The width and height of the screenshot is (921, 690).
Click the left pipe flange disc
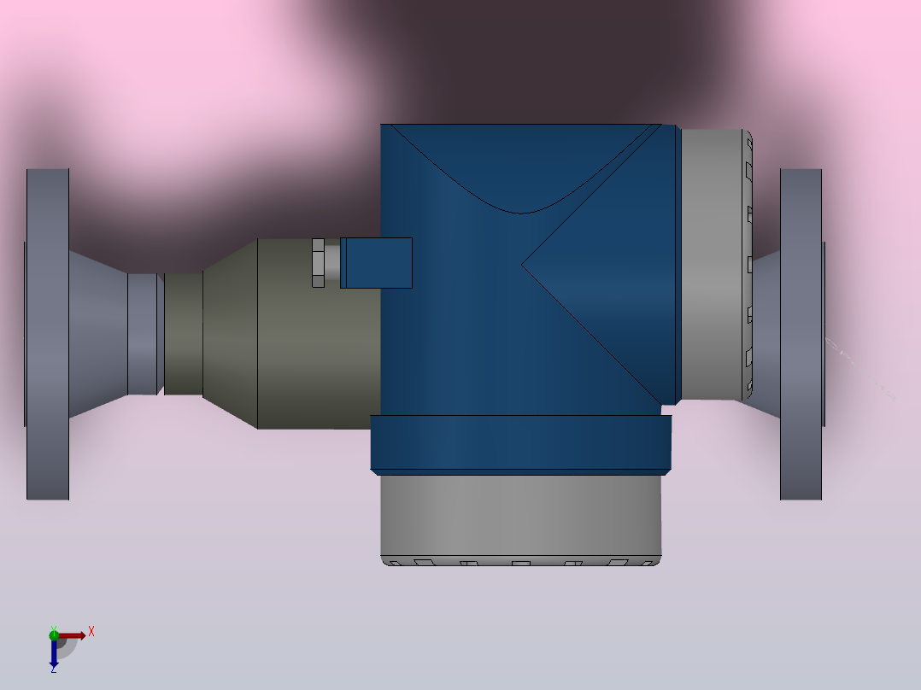pos(48,334)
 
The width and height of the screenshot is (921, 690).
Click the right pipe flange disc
pos(801,334)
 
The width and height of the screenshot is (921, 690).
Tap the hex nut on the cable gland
pos(319,262)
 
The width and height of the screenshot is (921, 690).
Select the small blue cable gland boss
pos(377,262)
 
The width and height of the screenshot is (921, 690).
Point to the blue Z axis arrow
pos(54,652)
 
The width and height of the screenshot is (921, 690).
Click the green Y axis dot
pos(54,634)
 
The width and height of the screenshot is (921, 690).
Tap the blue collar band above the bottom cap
pos(521,444)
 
